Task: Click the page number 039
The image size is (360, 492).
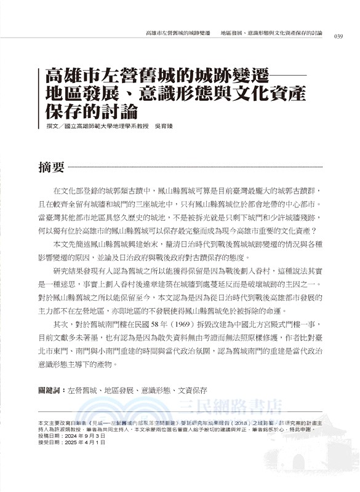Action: pyautogui.click(x=338, y=36)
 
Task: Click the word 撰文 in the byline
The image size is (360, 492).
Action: pyautogui.click(x=45, y=127)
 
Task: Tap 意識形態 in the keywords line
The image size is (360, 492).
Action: pyautogui.click(x=154, y=391)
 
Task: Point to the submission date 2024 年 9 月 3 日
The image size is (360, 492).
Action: pyautogui.click(x=84, y=435)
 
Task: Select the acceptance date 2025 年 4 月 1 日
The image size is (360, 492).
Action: pyautogui.click(x=84, y=442)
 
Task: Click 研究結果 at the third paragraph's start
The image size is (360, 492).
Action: pyautogui.click(x=70, y=269)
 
